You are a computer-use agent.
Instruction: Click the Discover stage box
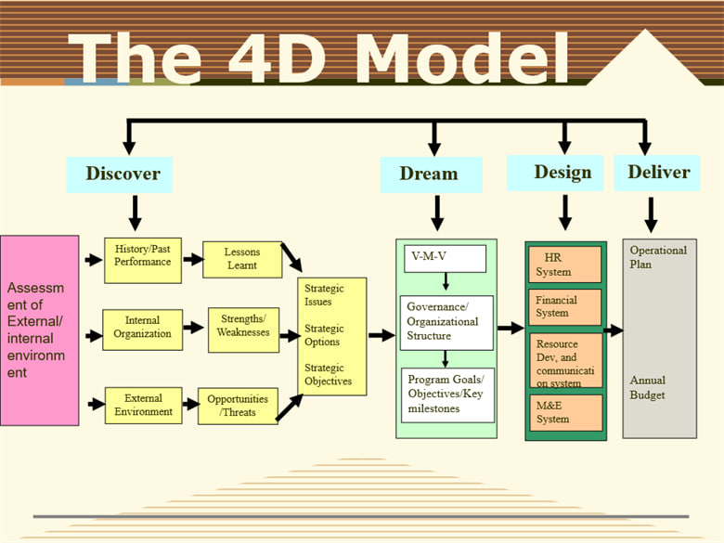(123, 174)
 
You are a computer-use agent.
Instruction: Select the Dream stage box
(431, 175)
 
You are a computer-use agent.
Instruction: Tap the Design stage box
(562, 174)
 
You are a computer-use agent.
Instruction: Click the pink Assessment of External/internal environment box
(40, 330)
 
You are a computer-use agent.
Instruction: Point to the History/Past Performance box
(143, 255)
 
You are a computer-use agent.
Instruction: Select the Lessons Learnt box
(242, 259)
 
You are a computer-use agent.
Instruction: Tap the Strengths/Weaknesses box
(243, 327)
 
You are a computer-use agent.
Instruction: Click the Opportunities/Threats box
(238, 406)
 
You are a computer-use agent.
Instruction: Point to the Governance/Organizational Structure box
(446, 322)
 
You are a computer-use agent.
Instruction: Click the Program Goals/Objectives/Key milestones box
(446, 394)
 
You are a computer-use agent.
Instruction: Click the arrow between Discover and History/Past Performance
(135, 212)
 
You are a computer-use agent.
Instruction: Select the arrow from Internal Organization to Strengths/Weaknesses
(193, 328)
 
